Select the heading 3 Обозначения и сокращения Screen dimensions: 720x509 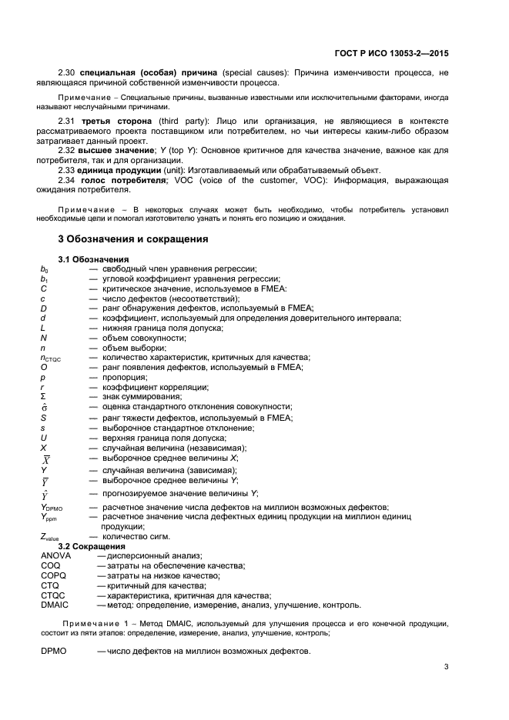(x=133, y=239)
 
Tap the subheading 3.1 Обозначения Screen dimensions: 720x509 (x=93, y=259)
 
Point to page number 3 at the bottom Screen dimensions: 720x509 (x=447, y=666)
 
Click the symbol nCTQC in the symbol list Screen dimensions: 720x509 (x=53, y=358)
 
